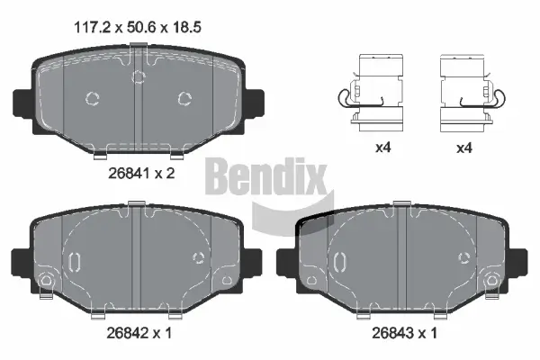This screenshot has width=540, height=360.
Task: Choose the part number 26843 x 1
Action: pos(404,331)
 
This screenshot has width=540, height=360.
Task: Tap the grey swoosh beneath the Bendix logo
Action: pos(279,216)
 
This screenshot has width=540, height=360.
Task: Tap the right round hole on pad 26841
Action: pos(184,98)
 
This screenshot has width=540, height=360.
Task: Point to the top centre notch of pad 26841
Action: pos(138,74)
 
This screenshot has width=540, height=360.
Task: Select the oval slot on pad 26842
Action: pos(76,261)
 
